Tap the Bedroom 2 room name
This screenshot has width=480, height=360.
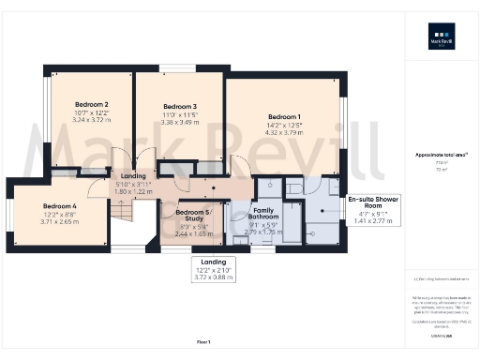click(93, 105)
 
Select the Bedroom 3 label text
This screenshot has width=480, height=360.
click(179, 107)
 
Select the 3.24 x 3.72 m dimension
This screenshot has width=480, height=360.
click(93, 121)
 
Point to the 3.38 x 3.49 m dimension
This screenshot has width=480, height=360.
click(179, 123)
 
